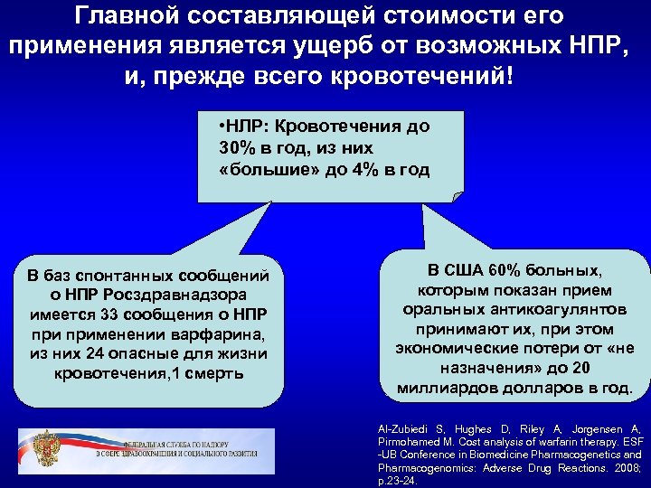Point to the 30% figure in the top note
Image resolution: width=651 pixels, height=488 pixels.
pyautogui.click(x=237, y=146)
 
